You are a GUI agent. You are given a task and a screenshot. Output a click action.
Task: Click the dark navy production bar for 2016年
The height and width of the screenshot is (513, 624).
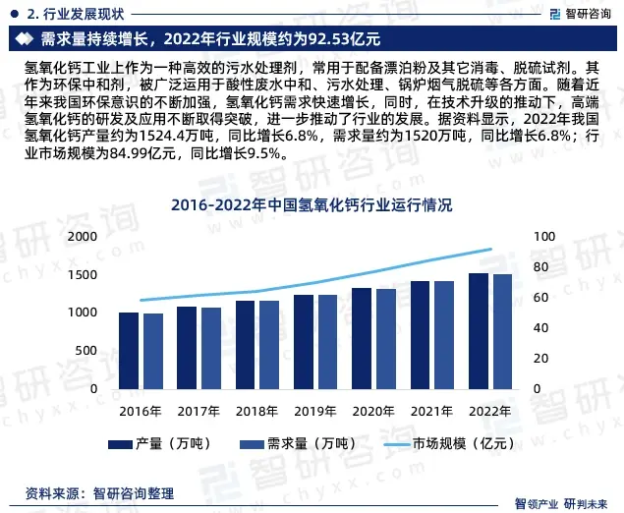click(129, 351)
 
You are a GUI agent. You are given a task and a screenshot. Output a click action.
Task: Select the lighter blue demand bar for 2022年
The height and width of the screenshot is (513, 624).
click(502, 332)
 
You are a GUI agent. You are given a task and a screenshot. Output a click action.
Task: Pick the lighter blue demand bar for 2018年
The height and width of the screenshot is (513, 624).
click(268, 345)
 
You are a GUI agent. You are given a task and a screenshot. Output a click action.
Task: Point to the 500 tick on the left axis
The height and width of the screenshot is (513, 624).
click(87, 351)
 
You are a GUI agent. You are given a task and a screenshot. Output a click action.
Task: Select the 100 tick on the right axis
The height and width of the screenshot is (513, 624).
click(543, 237)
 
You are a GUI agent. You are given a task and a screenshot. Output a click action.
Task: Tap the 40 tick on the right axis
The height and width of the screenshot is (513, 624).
click(539, 328)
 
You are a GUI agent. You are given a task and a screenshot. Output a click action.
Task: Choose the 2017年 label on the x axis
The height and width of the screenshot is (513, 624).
click(198, 410)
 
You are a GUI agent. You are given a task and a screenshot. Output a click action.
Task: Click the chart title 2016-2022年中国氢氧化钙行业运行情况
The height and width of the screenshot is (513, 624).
click(312, 205)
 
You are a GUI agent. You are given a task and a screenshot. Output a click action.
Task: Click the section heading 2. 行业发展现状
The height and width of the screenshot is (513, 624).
click(76, 13)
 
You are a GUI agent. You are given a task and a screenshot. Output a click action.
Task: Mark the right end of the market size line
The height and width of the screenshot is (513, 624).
click(491, 249)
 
